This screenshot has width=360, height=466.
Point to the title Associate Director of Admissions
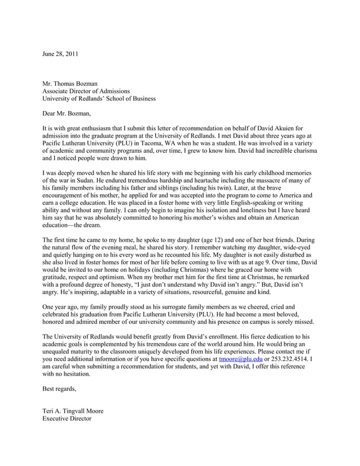click(x=86, y=91)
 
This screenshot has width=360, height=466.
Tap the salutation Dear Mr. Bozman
click(x=67, y=113)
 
